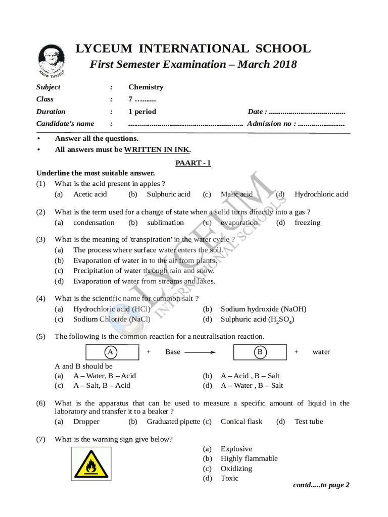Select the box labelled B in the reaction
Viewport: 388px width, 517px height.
tap(260, 352)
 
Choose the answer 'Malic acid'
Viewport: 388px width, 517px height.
tap(236, 194)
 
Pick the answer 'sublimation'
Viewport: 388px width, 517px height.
tap(165, 223)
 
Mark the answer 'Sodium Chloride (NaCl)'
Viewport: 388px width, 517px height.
tap(111, 319)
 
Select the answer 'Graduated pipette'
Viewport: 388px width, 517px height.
tap(173, 422)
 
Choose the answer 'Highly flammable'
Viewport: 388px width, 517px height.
tap(249, 458)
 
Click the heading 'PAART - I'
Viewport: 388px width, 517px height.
tap(193, 163)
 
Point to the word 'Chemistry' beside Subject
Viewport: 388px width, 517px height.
tap(145, 87)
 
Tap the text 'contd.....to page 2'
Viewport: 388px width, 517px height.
tap(321, 485)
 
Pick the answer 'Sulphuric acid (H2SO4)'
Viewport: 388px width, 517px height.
tap(257, 320)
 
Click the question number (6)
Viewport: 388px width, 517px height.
tap(41, 403)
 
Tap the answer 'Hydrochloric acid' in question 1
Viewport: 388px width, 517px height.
tap(321, 194)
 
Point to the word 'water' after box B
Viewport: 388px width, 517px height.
tap(321, 352)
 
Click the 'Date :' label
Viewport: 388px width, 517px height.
tap(257, 112)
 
